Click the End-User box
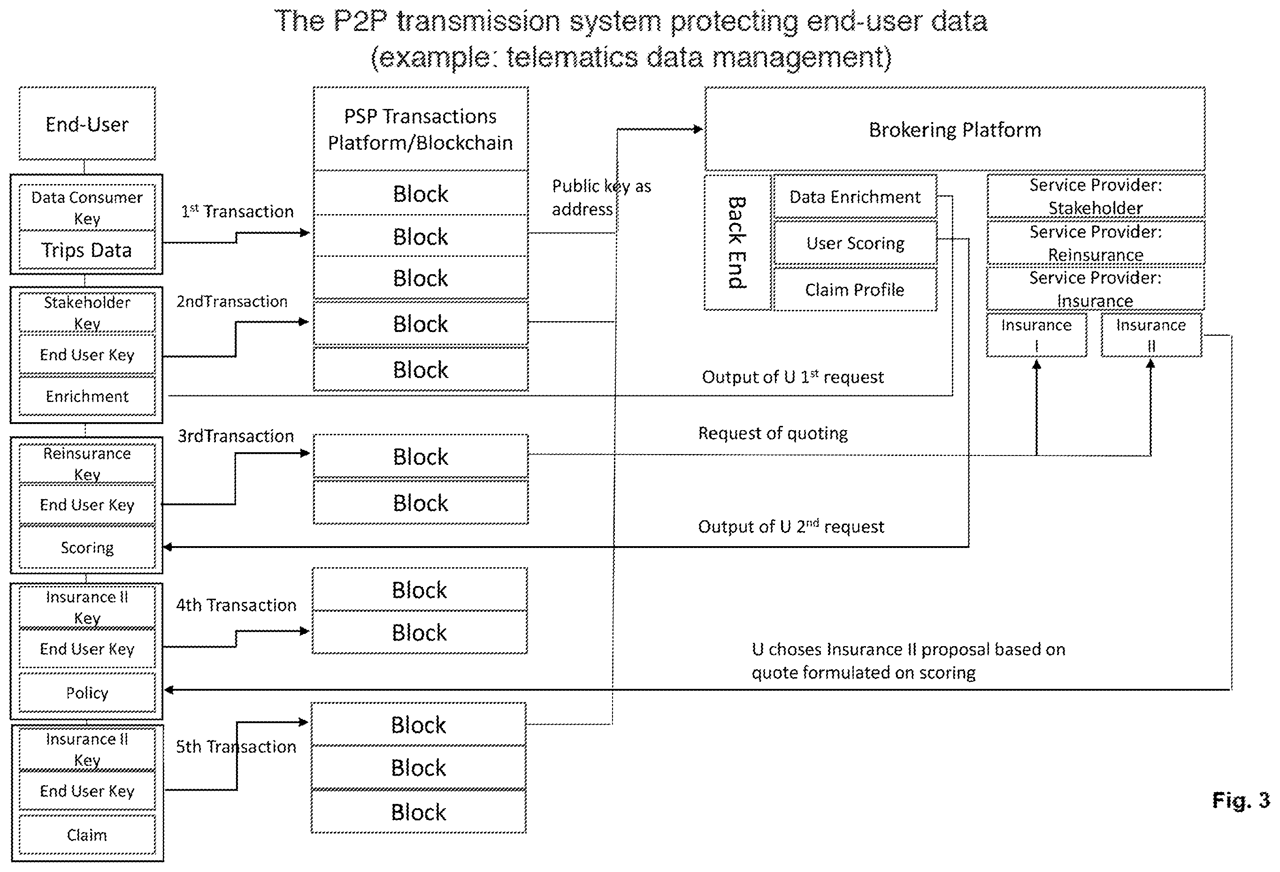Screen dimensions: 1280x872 pyautogui.click(x=87, y=123)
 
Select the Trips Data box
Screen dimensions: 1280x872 pyautogui.click(x=87, y=250)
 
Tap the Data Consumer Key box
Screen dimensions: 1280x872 pyautogui.click(x=87, y=208)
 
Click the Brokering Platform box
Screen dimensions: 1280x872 pyautogui.click(x=955, y=129)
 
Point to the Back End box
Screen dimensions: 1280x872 pyautogui.click(x=737, y=242)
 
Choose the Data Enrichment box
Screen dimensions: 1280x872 pyautogui.click(x=855, y=197)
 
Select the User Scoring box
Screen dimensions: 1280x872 pyautogui.click(x=855, y=243)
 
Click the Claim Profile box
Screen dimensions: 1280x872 pyautogui.click(x=855, y=289)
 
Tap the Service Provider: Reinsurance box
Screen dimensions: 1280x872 pyautogui.click(x=1096, y=243)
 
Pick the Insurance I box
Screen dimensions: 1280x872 pyautogui.click(x=1036, y=335)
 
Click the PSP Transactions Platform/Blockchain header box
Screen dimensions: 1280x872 pyautogui.click(x=420, y=129)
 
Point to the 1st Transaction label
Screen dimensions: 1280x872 pyautogui.click(x=238, y=211)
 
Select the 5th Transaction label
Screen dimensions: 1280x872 pyautogui.click(x=236, y=747)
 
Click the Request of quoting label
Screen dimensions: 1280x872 pyautogui.click(x=773, y=433)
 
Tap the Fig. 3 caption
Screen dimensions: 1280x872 pyautogui.click(x=1241, y=800)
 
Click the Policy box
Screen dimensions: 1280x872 pyautogui.click(x=87, y=693)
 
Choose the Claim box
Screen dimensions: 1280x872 pyautogui.click(x=87, y=834)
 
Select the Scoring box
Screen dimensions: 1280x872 pyautogui.click(x=87, y=548)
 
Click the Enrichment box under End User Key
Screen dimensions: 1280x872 pyautogui.click(x=87, y=396)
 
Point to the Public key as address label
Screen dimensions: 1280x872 pyautogui.click(x=601, y=197)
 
